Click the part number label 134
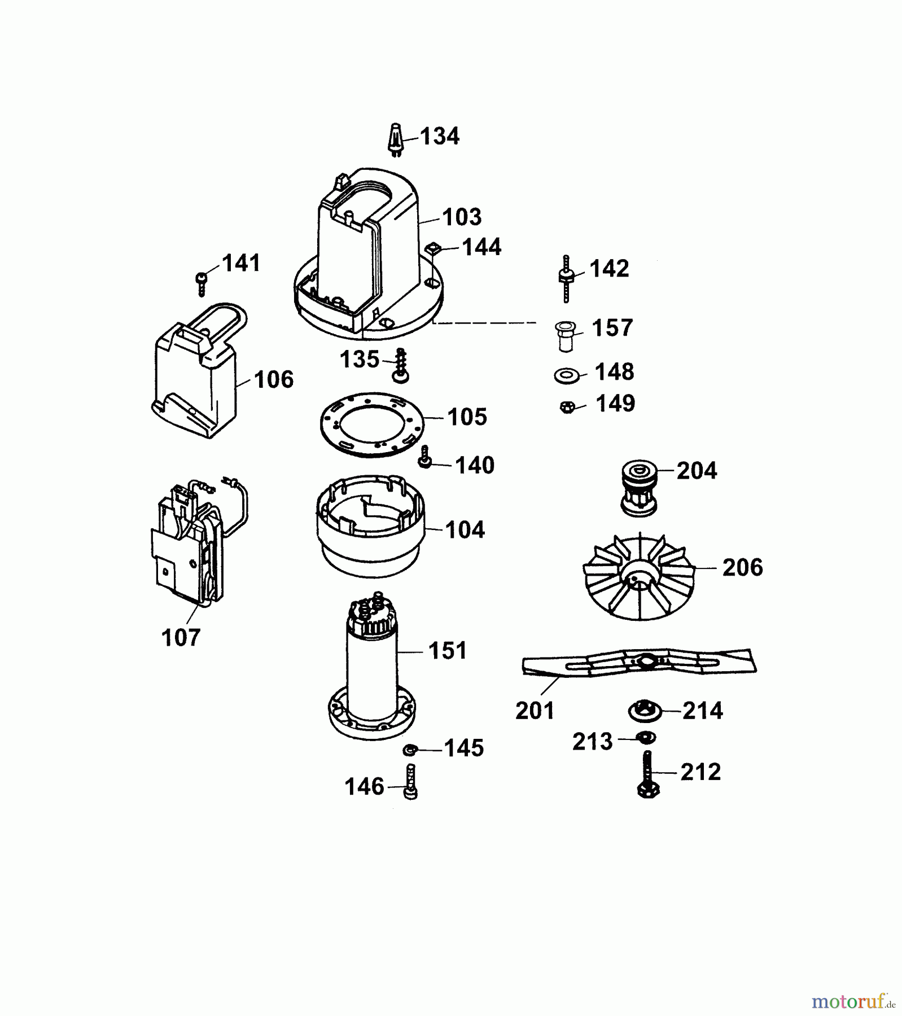click(x=440, y=136)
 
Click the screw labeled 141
click(x=202, y=283)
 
